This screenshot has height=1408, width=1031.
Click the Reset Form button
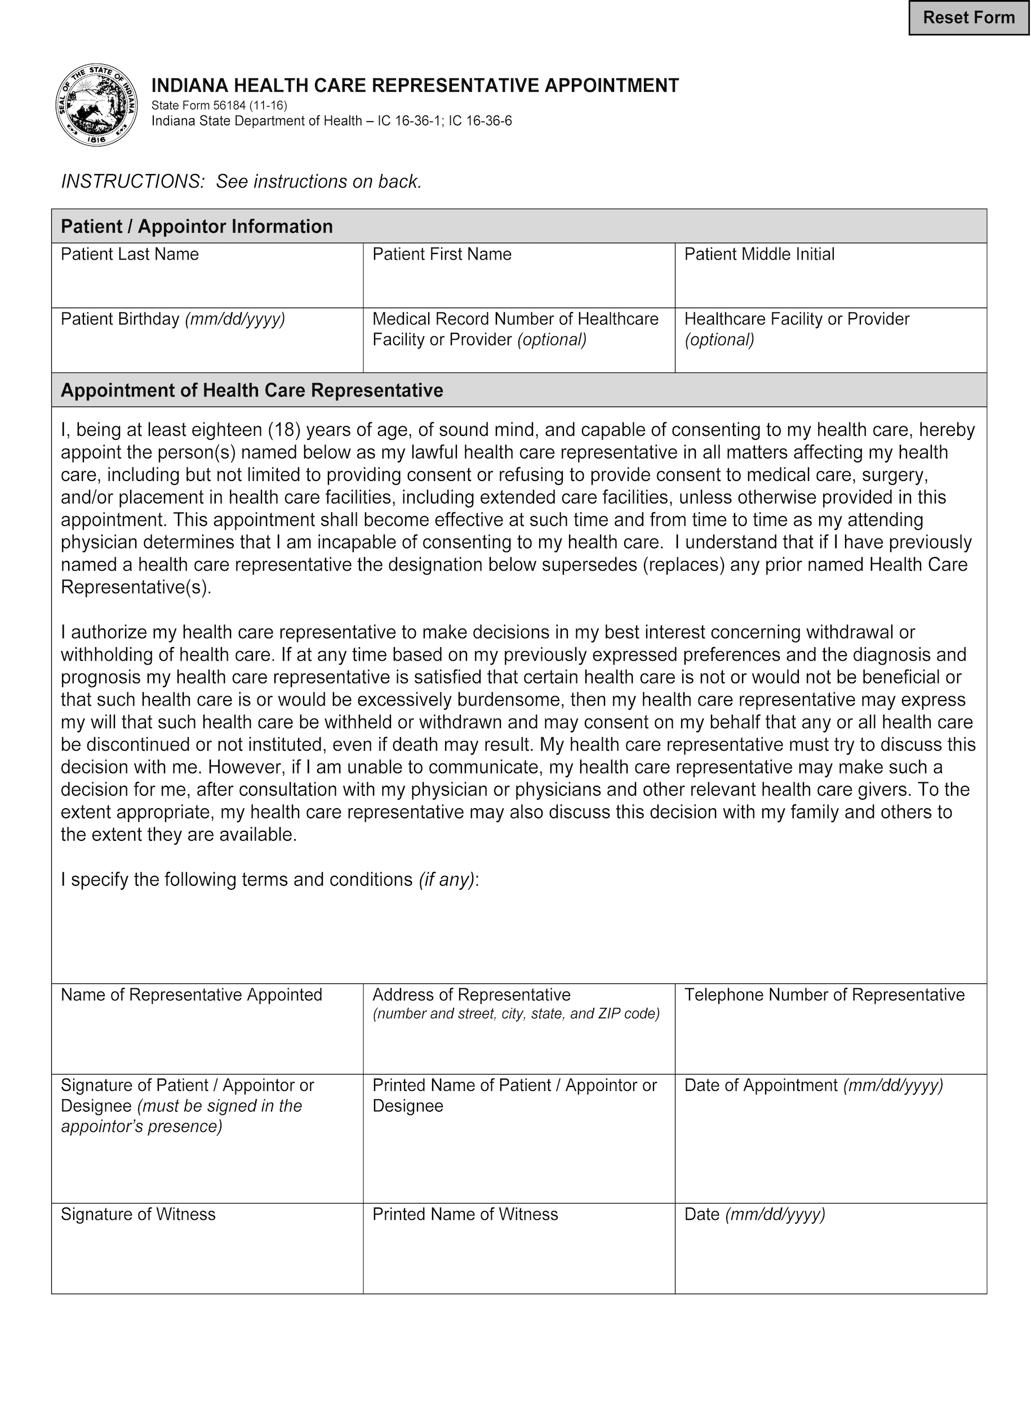click(968, 18)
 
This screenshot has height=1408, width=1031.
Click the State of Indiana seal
click(97, 105)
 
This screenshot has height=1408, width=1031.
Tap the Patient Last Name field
click(207, 284)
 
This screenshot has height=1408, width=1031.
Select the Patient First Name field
click(519, 284)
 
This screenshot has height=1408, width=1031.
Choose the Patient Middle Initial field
click(830, 284)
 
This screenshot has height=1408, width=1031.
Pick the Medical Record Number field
click(519, 359)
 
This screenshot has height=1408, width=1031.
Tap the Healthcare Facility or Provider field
click(830, 359)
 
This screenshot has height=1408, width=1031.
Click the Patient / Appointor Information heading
click(197, 226)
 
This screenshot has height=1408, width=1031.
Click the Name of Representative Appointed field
click(207, 1039)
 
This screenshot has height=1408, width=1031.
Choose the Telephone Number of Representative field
click(830, 1039)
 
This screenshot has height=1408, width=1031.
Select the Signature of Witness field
click(207, 1257)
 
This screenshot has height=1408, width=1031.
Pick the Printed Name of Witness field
click(519, 1257)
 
